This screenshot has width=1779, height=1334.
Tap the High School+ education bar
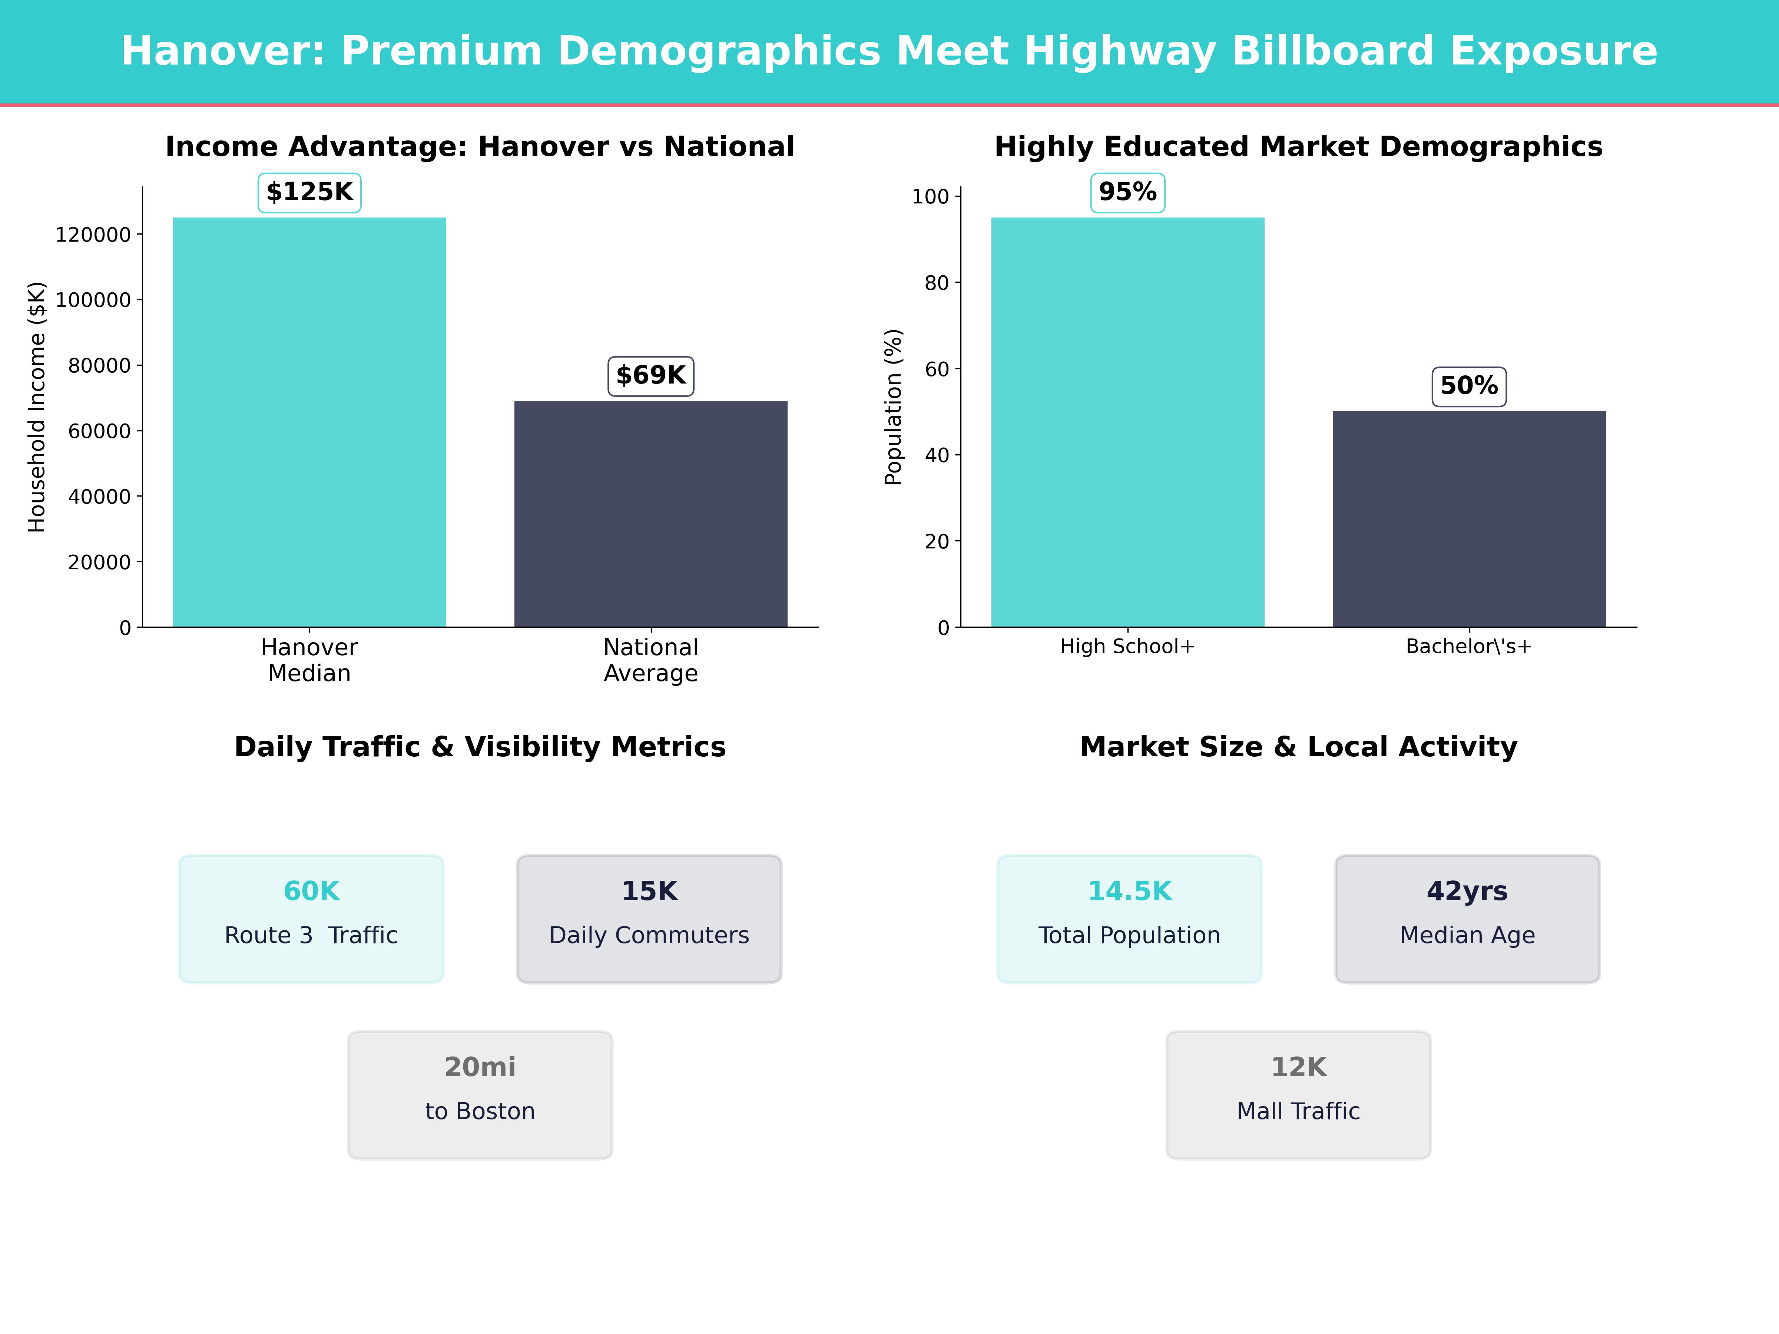tap(1127, 422)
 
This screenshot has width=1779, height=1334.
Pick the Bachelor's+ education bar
tap(1468, 519)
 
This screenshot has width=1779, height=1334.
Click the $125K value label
tap(309, 192)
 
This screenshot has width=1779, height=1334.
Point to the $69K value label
tap(651, 375)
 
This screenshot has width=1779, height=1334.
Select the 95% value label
tap(1127, 192)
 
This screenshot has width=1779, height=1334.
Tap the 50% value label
tap(1468, 386)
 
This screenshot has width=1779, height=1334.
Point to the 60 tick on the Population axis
tap(937, 369)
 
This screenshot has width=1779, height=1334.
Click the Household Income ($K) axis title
tap(37, 407)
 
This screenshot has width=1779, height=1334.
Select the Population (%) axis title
tap(894, 407)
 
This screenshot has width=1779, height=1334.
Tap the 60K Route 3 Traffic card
tap(311, 918)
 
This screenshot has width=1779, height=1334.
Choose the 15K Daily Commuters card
tap(649, 918)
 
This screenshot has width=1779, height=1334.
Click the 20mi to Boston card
tap(480, 1094)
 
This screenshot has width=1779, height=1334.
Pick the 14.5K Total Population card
tap(1129, 918)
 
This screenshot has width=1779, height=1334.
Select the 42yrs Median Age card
tap(1467, 918)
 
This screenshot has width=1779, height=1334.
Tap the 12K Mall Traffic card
tap(1298, 1094)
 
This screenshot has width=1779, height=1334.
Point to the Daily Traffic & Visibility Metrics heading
tap(480, 747)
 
